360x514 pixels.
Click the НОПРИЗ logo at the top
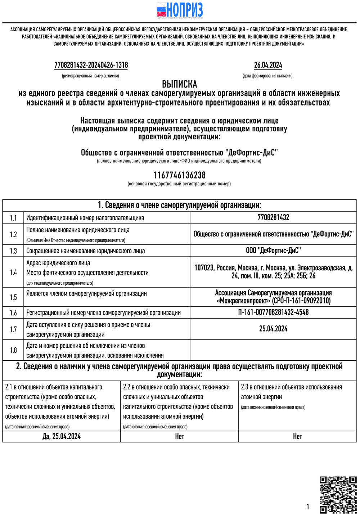click(x=180, y=10)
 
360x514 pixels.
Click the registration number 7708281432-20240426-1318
click(x=91, y=65)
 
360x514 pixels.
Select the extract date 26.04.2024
click(x=268, y=65)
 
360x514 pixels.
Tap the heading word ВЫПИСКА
click(x=179, y=84)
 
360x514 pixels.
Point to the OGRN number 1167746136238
click(x=179, y=175)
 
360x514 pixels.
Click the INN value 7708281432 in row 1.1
click(x=273, y=217)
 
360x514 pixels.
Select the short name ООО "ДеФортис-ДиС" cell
click(x=273, y=251)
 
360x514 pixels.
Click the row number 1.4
click(x=13, y=272)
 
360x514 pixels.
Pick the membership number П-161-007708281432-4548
click(x=273, y=312)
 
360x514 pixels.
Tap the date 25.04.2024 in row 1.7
click(x=273, y=329)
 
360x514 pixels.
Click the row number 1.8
click(x=13, y=350)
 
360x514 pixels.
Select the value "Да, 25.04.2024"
click(x=62, y=437)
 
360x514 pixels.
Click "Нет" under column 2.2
click(x=179, y=437)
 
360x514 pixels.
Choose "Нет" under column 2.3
click(x=297, y=437)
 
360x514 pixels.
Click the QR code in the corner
click(x=338, y=495)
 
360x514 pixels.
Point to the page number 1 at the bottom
click(x=308, y=507)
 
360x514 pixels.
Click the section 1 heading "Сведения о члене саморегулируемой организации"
click(x=179, y=205)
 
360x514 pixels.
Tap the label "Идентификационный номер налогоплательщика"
click(x=85, y=218)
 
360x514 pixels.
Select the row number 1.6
click(x=13, y=313)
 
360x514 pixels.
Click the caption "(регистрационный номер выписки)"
click(x=90, y=76)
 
